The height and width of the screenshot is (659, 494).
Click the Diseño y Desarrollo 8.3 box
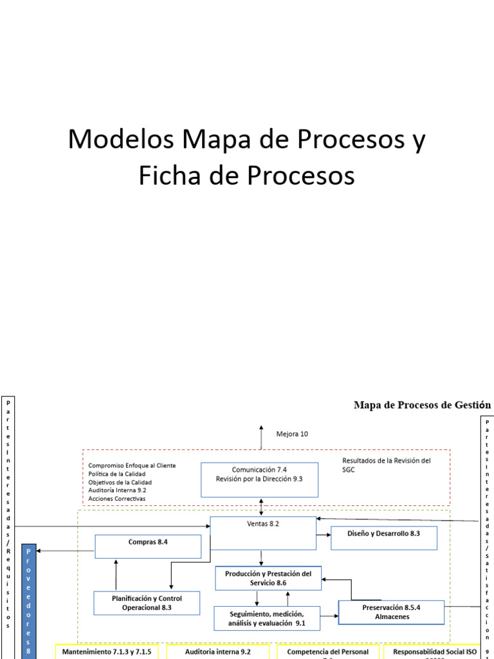pyautogui.click(x=383, y=537)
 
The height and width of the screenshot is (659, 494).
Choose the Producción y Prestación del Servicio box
pyautogui.click(x=268, y=577)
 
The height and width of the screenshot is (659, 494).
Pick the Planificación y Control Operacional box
pyautogui.click(x=147, y=602)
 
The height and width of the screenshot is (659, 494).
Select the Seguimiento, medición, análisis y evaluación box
pyautogui.click(x=266, y=618)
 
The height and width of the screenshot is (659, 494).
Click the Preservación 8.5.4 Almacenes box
pyautogui.click(x=392, y=611)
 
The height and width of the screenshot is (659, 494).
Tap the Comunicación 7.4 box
pyautogui.click(x=259, y=479)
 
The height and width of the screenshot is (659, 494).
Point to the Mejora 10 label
pyautogui.click(x=292, y=434)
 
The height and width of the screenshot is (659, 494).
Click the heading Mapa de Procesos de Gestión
pyautogui.click(x=422, y=405)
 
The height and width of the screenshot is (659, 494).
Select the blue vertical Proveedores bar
pyautogui.click(x=28, y=599)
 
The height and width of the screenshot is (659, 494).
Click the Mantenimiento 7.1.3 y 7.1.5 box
pyautogui.click(x=107, y=651)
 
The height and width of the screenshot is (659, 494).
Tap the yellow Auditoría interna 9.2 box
pyautogui.click(x=217, y=651)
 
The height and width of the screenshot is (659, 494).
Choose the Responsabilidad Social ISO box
pyautogui.click(x=435, y=651)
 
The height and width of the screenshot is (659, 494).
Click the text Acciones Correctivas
pyautogui.click(x=117, y=499)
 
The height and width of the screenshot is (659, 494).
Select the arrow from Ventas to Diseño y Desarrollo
pyautogui.click(x=324, y=534)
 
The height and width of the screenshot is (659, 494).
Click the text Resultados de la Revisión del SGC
pyautogui.click(x=386, y=465)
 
